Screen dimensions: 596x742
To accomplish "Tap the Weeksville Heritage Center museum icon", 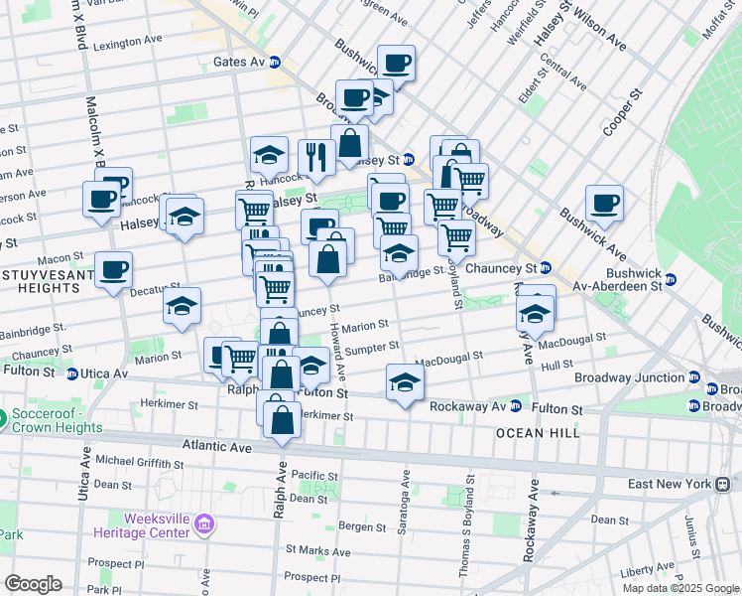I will tap(204, 522).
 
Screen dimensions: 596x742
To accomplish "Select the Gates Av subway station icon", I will tap(275, 62).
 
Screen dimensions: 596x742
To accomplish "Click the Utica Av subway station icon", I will tap(72, 373).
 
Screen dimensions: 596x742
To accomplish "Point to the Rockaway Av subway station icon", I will tap(516, 406).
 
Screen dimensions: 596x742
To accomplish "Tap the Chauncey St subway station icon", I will tap(545, 268).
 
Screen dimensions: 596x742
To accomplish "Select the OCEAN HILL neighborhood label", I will tap(537, 433).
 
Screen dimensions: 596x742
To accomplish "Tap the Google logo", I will tap(33, 583).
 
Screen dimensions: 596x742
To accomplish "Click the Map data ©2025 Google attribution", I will tap(680, 588).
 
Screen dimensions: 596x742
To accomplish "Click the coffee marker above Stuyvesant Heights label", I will tap(113, 269).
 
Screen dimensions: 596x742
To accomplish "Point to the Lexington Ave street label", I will tap(127, 43).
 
